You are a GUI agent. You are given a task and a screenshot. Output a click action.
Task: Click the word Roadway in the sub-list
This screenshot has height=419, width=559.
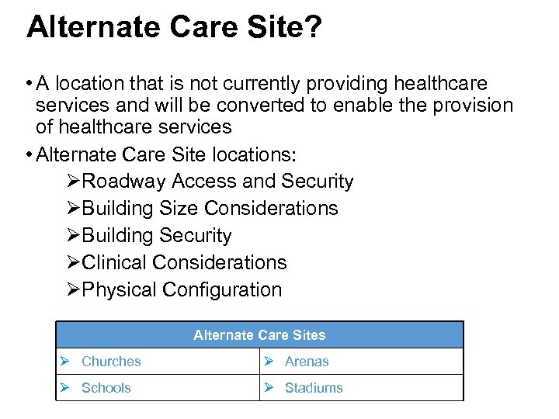coord(123,182)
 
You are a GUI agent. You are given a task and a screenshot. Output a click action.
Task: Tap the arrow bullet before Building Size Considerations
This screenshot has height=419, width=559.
coord(73,209)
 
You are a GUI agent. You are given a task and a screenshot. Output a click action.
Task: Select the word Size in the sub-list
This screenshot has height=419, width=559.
coord(179,209)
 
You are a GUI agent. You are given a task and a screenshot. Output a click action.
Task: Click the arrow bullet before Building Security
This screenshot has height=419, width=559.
coord(73,236)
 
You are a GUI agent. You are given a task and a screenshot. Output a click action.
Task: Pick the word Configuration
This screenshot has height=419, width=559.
coord(222,290)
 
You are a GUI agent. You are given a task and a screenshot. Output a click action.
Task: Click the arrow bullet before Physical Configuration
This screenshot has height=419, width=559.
coord(73,290)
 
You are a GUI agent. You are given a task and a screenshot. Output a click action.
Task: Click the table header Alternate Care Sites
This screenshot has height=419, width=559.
coord(259,335)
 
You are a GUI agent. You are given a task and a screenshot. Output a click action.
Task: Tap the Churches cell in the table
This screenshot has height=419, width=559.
coord(111,362)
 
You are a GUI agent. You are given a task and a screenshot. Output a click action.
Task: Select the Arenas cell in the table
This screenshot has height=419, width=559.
coord(307,362)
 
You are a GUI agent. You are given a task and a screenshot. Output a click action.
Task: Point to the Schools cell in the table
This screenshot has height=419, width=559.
coord(106,388)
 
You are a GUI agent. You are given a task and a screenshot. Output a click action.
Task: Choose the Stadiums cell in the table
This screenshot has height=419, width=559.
coord(314,388)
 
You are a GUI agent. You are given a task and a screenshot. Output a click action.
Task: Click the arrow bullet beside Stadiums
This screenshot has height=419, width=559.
coord(269,388)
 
